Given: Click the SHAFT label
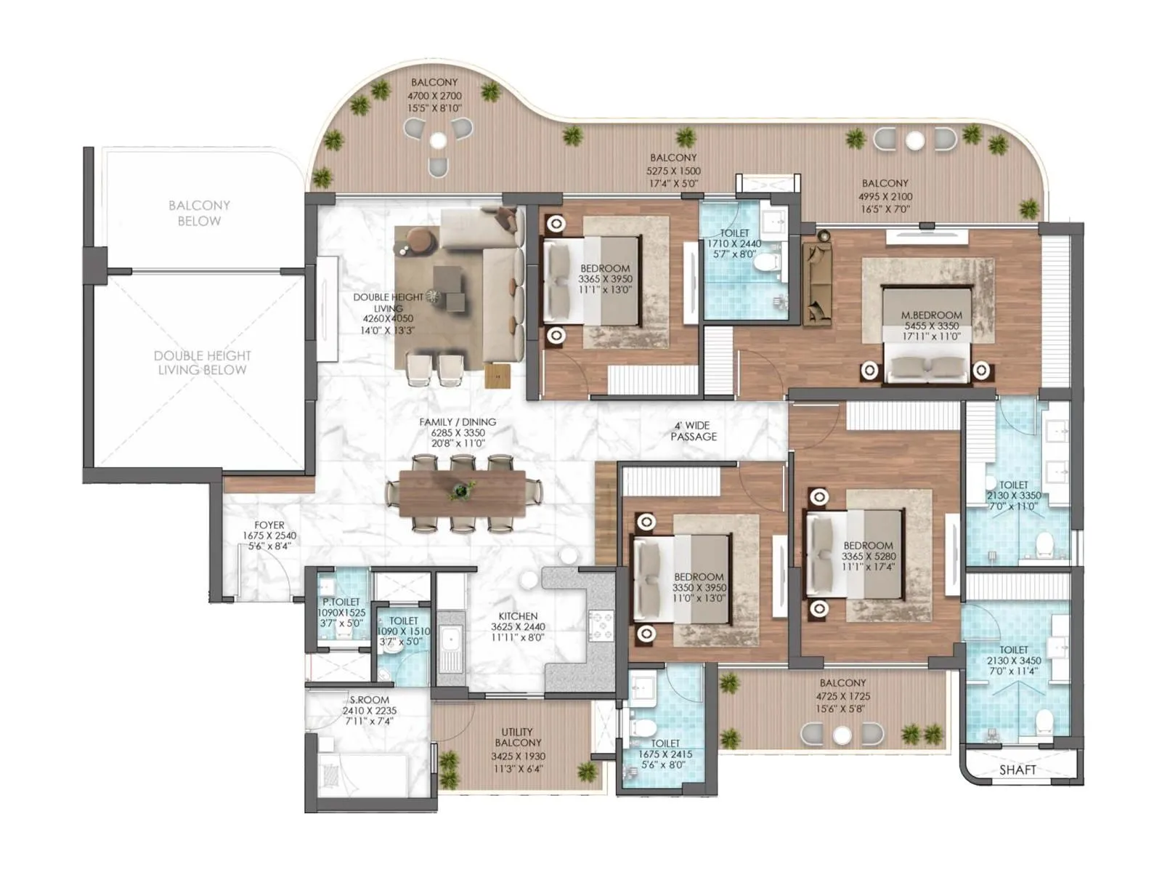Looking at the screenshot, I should coord(1017,770).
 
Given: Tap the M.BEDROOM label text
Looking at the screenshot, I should coord(931,315).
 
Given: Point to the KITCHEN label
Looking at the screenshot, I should coord(518,616).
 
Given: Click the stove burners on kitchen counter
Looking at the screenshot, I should coord(601,626).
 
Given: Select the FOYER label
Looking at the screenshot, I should coord(269,525).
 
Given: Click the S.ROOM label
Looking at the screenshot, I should coord(369,700).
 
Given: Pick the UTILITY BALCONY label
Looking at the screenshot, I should coord(518,737).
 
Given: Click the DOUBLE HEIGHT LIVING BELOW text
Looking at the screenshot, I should coord(202,363).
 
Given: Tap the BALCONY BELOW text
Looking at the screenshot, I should coord(199,213).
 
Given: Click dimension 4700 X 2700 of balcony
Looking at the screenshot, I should coord(434,96).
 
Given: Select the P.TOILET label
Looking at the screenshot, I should coord(341,602).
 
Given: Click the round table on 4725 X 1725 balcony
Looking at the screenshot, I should coord(842,735).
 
